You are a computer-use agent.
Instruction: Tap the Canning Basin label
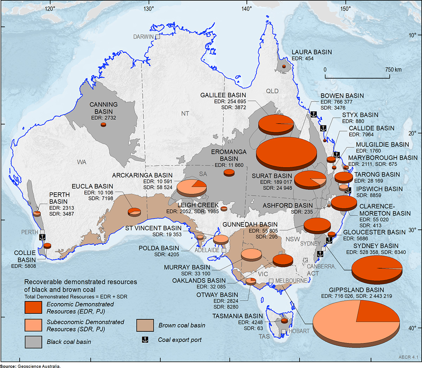[103, 108]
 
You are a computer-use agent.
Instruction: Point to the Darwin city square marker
[158, 37]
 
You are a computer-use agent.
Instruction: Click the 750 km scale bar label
[393, 69]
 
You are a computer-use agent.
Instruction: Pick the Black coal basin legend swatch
[33, 342]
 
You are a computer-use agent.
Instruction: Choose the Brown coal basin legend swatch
[145, 325]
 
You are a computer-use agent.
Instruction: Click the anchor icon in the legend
[145, 340]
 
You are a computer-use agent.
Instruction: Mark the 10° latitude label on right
[412, 35]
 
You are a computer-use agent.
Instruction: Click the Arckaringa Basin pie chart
[191, 187]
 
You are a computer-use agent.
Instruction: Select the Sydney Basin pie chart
[377, 269]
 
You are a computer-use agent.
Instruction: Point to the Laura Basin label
[312, 52]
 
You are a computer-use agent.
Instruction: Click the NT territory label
[185, 114]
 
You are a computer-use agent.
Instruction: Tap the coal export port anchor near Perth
[42, 237]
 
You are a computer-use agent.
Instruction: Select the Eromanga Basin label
[229, 155]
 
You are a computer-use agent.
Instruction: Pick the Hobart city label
[299, 331]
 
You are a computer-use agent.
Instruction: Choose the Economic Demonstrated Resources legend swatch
[33, 307]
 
